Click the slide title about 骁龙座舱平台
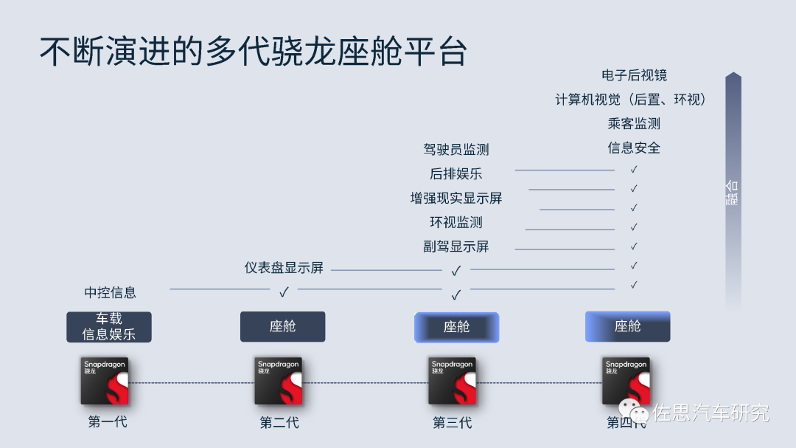click(253, 51)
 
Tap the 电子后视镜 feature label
click(634, 75)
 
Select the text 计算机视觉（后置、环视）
click(631, 100)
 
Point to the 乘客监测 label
click(634, 124)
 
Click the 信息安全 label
click(634, 148)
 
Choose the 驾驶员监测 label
click(456, 150)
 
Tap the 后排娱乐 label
click(456, 174)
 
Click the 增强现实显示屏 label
click(456, 199)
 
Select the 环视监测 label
click(456, 222)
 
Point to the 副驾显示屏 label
click(456, 247)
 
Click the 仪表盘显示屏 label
click(284, 268)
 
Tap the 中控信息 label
click(110, 293)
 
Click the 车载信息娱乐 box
click(109, 326)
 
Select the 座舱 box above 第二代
click(282, 326)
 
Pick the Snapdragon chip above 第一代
click(105, 381)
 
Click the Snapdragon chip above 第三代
click(453, 381)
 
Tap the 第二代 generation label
click(279, 423)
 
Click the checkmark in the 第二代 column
click(284, 292)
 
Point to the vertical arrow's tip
click(733, 75)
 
